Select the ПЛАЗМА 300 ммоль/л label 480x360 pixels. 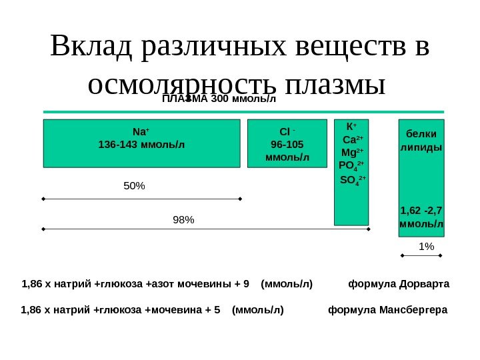[x=219, y=100]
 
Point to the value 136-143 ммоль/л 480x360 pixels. [x=141, y=144]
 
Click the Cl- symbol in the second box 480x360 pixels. [x=287, y=131]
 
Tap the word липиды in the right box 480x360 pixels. [x=421, y=146]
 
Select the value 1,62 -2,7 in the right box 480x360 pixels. [x=421, y=211]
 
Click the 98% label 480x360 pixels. [x=183, y=219]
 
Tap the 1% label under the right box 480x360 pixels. [x=425, y=247]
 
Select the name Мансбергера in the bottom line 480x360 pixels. [x=415, y=310]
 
